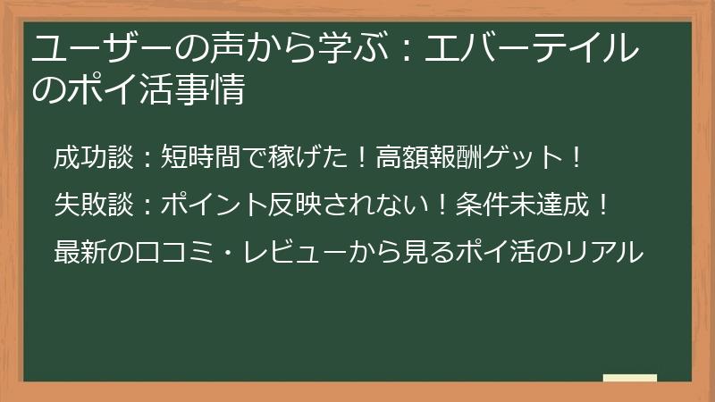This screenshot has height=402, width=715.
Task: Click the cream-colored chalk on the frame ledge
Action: tap(629, 378)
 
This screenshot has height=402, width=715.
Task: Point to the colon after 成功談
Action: tap(147, 161)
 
